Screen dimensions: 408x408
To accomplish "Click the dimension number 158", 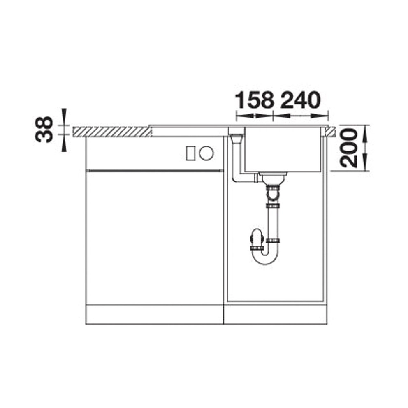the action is [x=255, y=100].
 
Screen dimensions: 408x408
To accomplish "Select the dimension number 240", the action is [x=300, y=100].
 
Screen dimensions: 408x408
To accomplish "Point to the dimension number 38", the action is [x=44, y=129].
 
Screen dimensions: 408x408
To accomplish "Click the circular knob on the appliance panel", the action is [x=206, y=153].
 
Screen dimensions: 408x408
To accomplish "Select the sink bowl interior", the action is [x=282, y=149].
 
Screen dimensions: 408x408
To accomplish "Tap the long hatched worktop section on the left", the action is [x=112, y=132].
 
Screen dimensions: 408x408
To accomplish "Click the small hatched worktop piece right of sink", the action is [x=330, y=132].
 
